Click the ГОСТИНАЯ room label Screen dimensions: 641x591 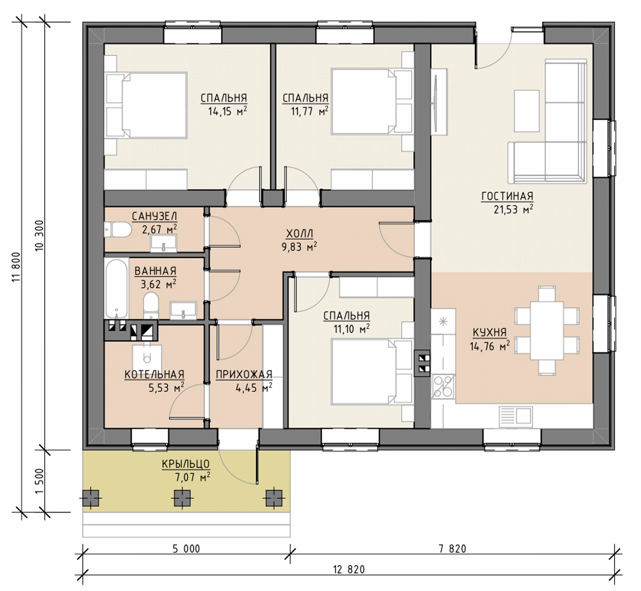click(507, 196)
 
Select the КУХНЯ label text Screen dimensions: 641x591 click(490, 333)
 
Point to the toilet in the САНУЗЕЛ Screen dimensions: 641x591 click(118, 230)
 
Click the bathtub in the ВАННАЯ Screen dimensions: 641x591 click(116, 289)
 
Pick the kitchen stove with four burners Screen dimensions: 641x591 click(443, 386)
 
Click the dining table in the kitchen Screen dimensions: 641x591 click(547, 330)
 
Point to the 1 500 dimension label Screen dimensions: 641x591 click(39, 481)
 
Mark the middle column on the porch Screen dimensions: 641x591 click(182, 498)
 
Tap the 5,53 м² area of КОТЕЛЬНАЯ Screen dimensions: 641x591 click(166, 387)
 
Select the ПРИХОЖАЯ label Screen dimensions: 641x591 click(244, 374)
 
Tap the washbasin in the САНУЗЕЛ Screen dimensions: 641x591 click(163, 243)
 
